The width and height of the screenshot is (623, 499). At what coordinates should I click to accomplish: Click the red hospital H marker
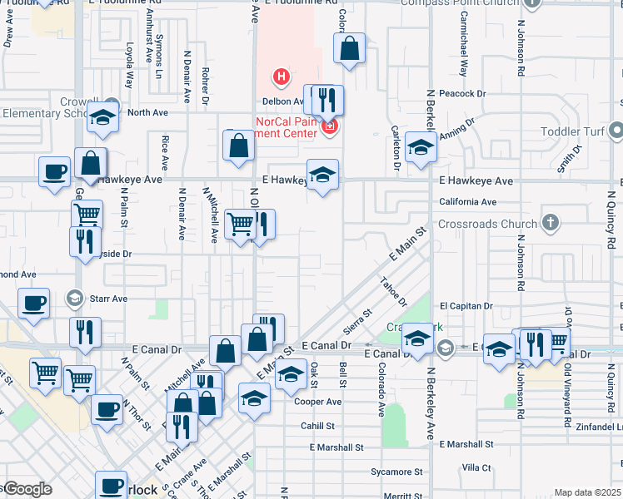[282, 78]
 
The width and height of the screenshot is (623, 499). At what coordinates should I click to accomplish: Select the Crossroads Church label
[487, 223]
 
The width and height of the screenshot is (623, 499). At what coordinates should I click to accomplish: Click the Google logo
[27, 489]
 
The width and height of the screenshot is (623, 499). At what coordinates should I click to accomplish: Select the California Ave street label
[467, 201]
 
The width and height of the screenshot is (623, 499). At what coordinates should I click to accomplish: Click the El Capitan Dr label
[467, 306]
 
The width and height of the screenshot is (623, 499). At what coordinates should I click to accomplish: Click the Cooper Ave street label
[317, 402]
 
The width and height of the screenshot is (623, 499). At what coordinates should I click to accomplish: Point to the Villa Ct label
[477, 467]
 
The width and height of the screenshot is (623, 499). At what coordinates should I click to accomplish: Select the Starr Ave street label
[108, 297]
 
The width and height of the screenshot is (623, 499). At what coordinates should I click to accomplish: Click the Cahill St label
[318, 425]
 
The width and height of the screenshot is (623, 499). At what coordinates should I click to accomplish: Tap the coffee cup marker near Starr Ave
[33, 303]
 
